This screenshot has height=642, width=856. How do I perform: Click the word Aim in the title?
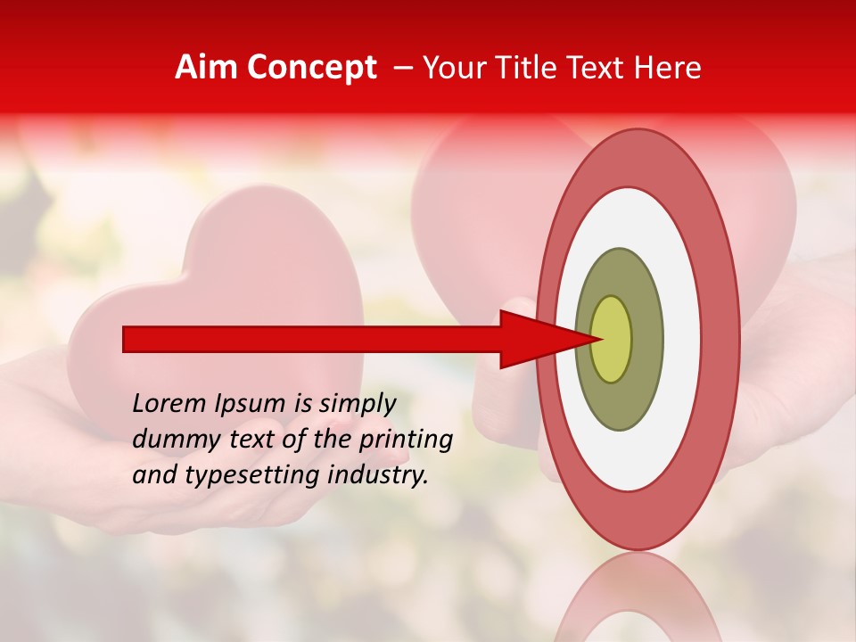(206, 68)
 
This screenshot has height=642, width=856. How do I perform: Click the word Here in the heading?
(668, 68)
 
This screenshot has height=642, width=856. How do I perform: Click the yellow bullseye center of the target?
(612, 339)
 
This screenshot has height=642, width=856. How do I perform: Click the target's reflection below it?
(637, 597)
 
